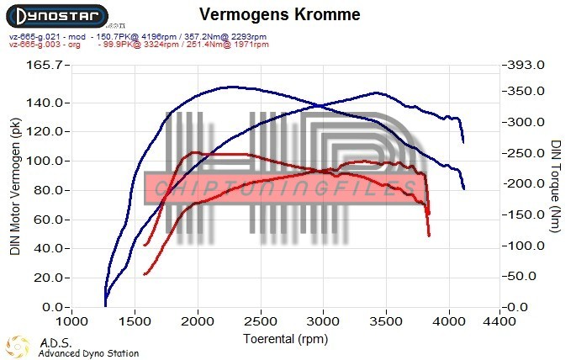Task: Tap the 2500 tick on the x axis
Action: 261,321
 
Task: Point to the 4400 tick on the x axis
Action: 499,321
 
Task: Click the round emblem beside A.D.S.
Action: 18,346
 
